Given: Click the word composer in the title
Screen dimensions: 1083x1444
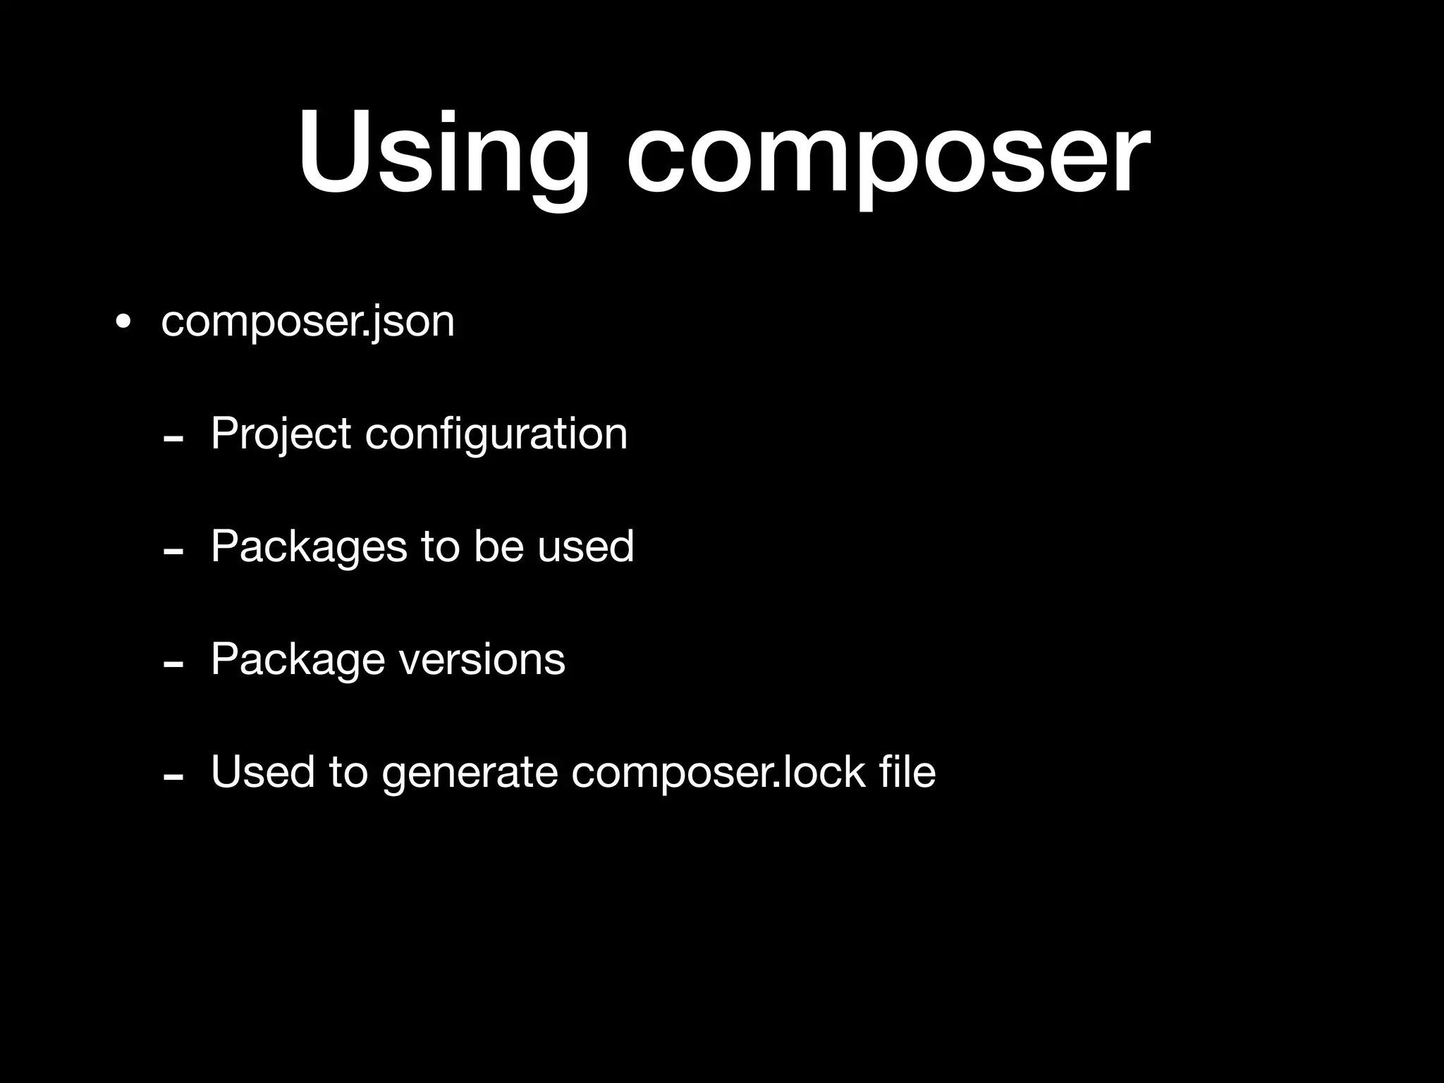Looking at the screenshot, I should click(888, 154).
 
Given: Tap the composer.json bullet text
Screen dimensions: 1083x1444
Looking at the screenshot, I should click(307, 322).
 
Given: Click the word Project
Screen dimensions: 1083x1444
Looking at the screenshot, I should click(281, 434).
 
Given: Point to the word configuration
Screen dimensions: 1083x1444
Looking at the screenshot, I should click(496, 434).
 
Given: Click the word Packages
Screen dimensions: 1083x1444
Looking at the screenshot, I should click(309, 547).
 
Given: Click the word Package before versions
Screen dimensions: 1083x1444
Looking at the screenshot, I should click(298, 660).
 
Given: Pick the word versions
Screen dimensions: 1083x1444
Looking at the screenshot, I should click(482, 659).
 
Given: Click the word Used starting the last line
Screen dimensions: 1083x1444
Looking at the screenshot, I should click(262, 771).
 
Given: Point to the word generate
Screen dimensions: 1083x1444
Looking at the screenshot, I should click(470, 773).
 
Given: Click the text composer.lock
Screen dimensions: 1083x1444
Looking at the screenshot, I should click(718, 771).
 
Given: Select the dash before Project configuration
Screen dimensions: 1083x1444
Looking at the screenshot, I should click(173, 439).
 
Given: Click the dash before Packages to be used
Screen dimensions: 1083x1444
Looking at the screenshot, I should click(173, 552).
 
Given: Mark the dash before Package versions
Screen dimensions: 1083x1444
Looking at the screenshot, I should click(173, 665).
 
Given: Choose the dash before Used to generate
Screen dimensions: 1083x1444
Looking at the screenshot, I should click(173, 778).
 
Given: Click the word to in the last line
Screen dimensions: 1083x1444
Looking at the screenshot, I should click(348, 771).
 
